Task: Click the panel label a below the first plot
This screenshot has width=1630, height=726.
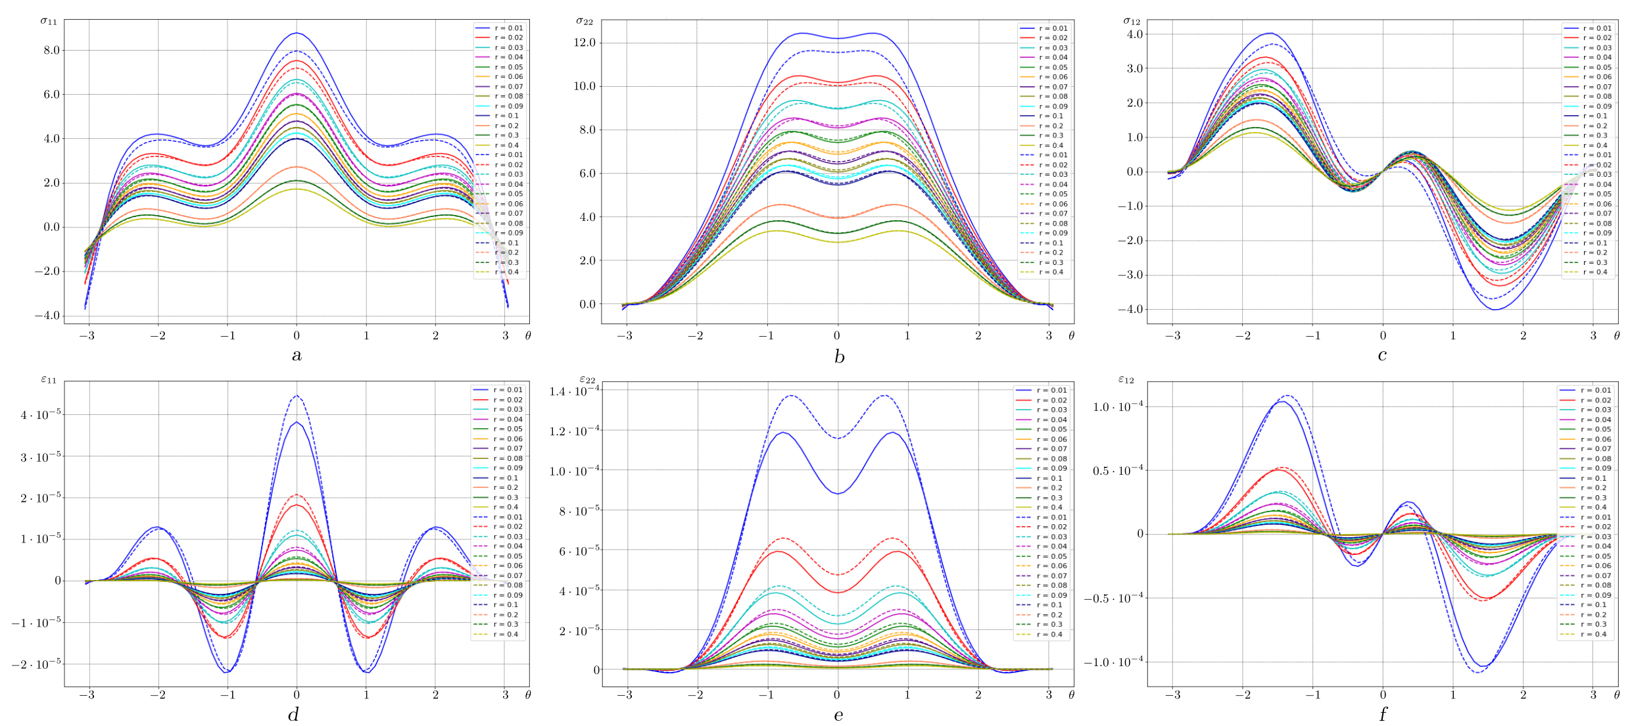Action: tap(297, 356)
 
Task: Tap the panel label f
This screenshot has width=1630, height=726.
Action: tap(1383, 714)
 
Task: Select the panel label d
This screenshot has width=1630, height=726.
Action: tap(293, 714)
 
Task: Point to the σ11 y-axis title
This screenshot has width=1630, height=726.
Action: tap(49, 21)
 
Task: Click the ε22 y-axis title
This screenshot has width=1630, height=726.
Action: tap(587, 379)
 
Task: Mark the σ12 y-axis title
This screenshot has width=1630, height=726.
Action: tap(1131, 21)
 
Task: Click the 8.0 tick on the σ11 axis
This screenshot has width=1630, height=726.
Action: tap(51, 51)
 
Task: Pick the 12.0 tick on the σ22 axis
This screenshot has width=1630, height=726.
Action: tap(584, 43)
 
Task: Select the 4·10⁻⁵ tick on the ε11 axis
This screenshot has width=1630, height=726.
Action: tap(41, 415)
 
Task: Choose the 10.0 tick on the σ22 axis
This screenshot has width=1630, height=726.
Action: tap(584, 86)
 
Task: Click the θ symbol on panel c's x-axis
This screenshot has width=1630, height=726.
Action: tap(1617, 335)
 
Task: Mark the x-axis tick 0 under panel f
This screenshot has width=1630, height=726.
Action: tap(1383, 695)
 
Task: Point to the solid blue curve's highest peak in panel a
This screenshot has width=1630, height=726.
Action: tap(297, 33)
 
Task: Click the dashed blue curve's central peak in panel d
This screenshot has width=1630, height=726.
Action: tap(297, 396)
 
